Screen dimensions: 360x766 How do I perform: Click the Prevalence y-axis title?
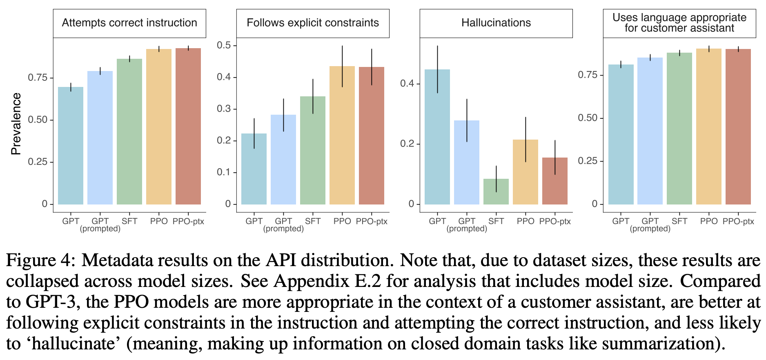(16, 124)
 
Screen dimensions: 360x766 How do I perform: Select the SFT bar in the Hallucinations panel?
(496, 191)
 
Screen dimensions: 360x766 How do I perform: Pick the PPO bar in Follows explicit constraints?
(342, 135)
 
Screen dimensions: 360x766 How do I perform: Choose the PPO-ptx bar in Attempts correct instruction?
(188, 126)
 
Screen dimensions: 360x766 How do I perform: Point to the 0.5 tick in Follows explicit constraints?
(224, 45)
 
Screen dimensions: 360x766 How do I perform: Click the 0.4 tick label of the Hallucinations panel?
(407, 84)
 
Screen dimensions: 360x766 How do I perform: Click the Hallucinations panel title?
(496, 23)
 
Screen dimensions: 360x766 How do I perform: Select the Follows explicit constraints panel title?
(313, 23)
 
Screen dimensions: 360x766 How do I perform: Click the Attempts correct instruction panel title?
(129, 23)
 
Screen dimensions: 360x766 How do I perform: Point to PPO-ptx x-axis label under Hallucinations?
(555, 221)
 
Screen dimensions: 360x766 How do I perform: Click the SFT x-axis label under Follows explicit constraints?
(313, 221)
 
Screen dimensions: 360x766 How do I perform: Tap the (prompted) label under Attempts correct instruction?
(100, 229)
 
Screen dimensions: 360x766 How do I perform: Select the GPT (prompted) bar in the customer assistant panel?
(650, 131)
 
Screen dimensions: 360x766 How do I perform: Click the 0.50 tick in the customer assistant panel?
(588, 118)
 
